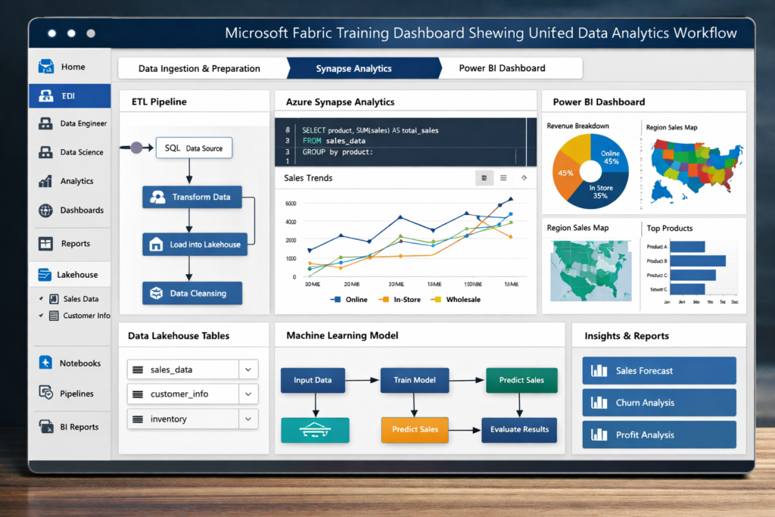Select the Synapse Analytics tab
click(x=353, y=68)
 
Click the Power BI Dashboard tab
click(x=502, y=68)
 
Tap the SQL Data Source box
click(x=193, y=148)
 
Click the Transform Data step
click(x=191, y=197)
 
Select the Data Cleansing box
click(x=191, y=293)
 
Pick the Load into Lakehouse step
click(x=195, y=244)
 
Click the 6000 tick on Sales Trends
click(x=290, y=204)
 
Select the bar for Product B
click(x=697, y=261)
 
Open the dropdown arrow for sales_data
click(x=248, y=369)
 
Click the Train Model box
click(x=414, y=380)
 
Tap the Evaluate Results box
click(x=519, y=429)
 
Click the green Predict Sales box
click(x=521, y=380)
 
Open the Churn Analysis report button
click(x=659, y=403)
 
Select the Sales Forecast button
click(x=659, y=371)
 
